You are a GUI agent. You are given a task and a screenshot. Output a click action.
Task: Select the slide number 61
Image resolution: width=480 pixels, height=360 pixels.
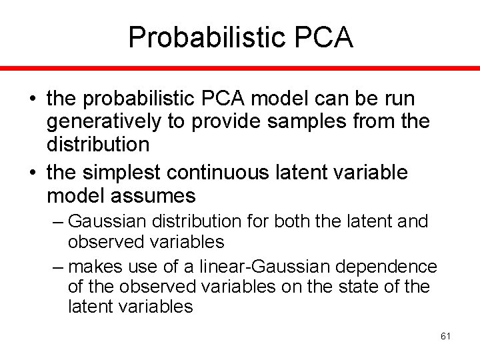pyautogui.click(x=445, y=336)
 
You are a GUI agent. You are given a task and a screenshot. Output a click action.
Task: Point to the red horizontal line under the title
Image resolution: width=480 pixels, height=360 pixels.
pyautogui.click(x=240, y=69)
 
